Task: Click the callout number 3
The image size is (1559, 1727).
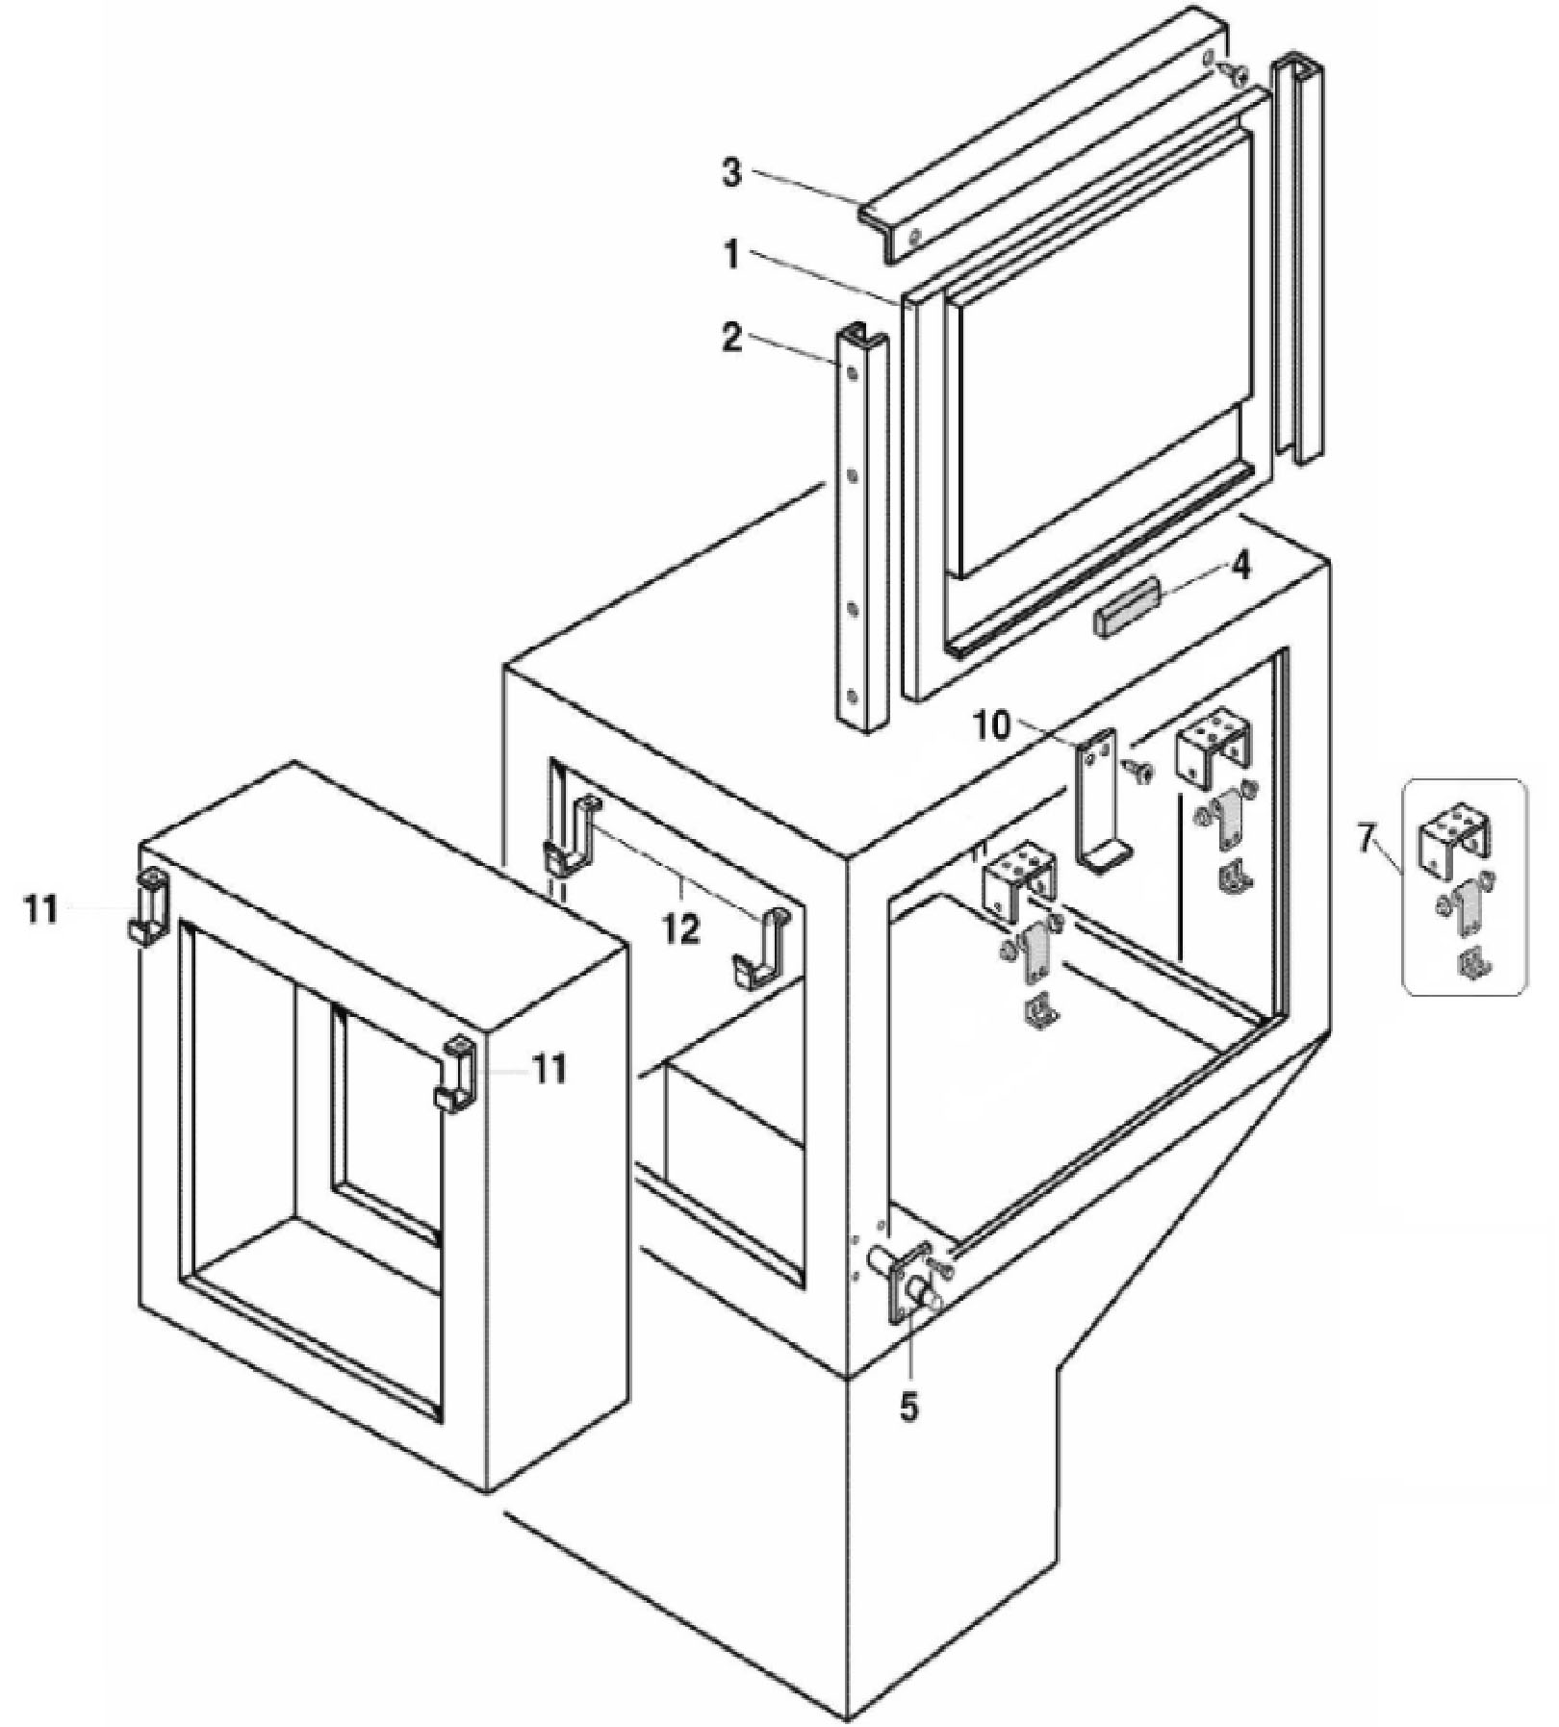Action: click(x=732, y=176)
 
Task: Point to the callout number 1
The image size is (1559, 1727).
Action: click(x=732, y=257)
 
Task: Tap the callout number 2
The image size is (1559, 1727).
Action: click(x=732, y=338)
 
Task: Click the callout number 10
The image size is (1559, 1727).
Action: click(x=991, y=726)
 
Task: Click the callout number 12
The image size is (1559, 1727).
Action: click(x=680, y=929)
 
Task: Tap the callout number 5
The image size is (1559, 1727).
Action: click(x=908, y=1407)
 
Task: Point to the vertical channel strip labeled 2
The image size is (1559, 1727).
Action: click(x=861, y=529)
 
